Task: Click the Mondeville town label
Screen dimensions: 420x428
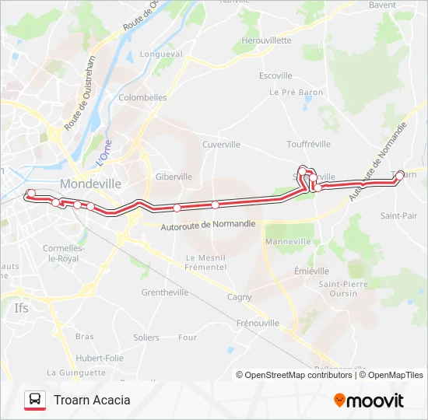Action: (90, 184)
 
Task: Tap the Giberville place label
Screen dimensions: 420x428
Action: (174, 177)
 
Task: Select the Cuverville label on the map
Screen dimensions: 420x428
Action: (221, 145)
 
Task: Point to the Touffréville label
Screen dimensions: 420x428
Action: (308, 144)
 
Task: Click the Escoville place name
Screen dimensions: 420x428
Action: (275, 75)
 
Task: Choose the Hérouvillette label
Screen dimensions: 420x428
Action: (266, 40)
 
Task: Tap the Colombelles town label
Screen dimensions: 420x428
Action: (142, 98)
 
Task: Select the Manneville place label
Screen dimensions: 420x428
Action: (288, 242)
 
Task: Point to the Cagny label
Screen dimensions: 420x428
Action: (239, 297)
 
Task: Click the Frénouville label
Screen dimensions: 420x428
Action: (257, 322)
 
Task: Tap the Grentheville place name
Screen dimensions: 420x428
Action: (165, 293)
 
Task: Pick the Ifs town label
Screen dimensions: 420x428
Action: (22, 308)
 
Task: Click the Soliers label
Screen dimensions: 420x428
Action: (146, 338)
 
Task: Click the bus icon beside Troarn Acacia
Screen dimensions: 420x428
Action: (34, 400)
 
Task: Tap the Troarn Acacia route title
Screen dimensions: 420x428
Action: (92, 400)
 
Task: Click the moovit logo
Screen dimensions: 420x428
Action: (369, 400)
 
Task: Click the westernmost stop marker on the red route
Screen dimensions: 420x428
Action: (31, 193)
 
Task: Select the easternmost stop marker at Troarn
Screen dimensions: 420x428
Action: (400, 175)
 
